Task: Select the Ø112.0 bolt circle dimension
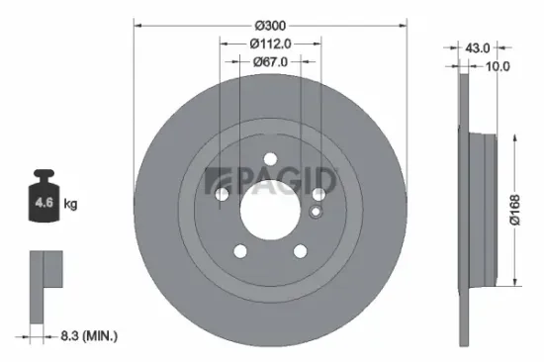click(270, 43)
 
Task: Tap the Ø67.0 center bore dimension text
click(270, 61)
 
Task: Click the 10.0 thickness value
click(498, 66)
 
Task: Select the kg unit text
click(70, 205)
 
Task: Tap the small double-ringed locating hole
click(316, 210)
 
